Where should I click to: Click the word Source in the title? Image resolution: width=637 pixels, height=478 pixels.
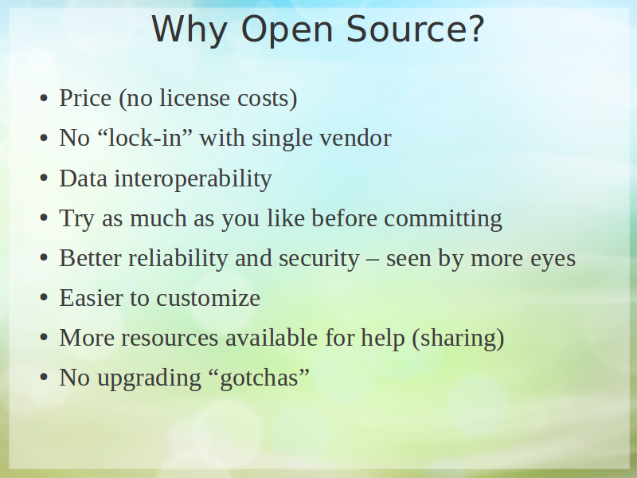415,29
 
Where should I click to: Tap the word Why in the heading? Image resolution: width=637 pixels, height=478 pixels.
190,30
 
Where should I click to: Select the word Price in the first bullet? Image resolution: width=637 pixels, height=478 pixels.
85,98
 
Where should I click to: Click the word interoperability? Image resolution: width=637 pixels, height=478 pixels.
193,178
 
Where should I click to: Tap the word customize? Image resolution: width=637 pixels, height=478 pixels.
208,298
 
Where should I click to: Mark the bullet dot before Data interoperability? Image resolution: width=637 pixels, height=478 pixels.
44,178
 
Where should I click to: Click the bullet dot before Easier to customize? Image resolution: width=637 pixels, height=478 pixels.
44,298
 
